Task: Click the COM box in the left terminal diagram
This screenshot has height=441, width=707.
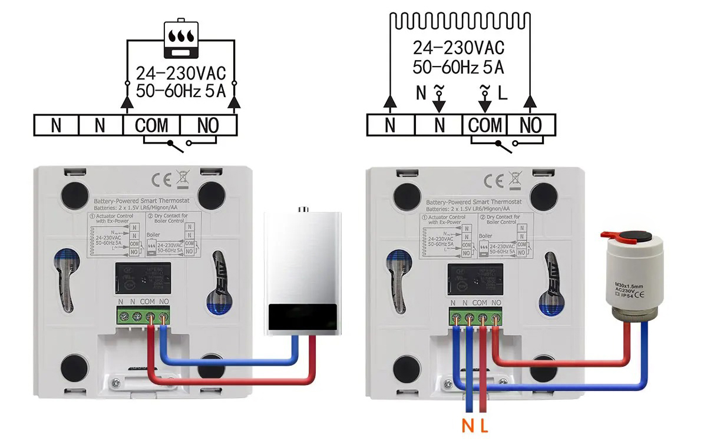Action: click(x=151, y=125)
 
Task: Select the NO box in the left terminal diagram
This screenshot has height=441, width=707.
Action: click(x=208, y=125)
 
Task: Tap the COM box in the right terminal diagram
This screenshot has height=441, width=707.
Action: click(x=485, y=125)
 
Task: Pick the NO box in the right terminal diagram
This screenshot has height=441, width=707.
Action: click(x=531, y=125)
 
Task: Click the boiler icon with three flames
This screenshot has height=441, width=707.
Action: click(x=181, y=40)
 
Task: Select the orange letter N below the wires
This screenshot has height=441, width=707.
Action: click(x=467, y=425)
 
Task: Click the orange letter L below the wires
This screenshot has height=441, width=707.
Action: click(x=484, y=425)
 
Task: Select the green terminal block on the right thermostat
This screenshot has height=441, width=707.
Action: click(x=475, y=317)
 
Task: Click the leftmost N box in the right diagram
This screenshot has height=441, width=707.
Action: click(x=390, y=125)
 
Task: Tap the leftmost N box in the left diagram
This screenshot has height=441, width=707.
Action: click(x=56, y=125)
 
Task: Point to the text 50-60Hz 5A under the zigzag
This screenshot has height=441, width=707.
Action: click(x=458, y=67)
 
